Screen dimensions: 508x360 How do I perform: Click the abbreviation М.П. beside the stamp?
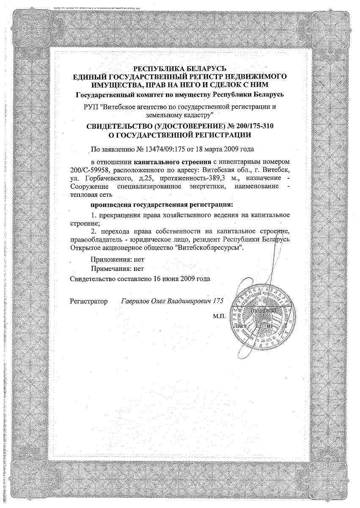point(220,316)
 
